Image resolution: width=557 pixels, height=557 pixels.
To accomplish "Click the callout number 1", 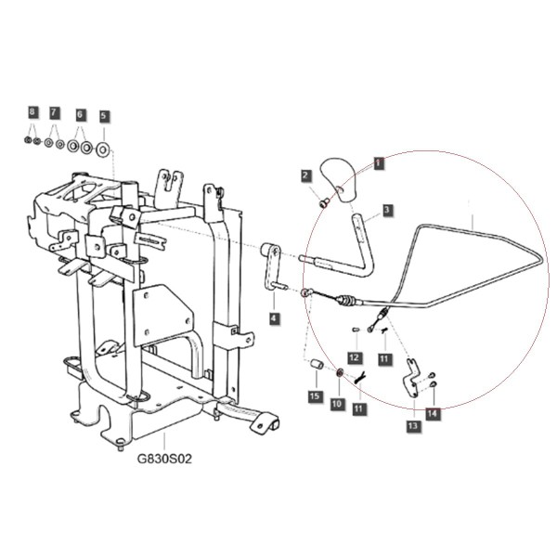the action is pyautogui.click(x=379, y=163).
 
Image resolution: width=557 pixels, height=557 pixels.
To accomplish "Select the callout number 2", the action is pyautogui.click(x=305, y=175).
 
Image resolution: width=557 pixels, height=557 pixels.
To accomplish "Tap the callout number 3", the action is pyautogui.click(x=387, y=210).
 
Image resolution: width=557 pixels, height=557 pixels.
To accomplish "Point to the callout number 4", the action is pyautogui.click(x=274, y=317).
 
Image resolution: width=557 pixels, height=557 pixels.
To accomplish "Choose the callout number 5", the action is pyautogui.click(x=103, y=116).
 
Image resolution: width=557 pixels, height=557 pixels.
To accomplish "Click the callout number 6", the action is pyautogui.click(x=80, y=114).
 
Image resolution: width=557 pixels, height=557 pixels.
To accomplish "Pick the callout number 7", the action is pyautogui.click(x=54, y=113).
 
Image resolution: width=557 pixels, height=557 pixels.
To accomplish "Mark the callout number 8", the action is pyautogui.click(x=32, y=112).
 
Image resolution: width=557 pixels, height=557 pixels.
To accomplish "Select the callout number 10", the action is pyautogui.click(x=337, y=404).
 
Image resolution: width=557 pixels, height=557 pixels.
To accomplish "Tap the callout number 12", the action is pyautogui.click(x=355, y=357).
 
